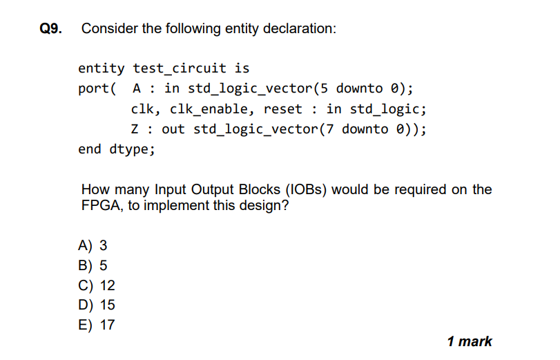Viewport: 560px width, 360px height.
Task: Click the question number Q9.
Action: tap(50, 29)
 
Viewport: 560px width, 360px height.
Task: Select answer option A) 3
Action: tap(93, 245)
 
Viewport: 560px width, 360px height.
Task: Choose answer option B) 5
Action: tap(93, 265)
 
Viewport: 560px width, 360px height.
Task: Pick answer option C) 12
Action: tap(97, 285)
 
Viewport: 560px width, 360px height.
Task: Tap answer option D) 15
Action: tap(97, 305)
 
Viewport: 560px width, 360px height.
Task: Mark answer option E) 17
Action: tap(97, 324)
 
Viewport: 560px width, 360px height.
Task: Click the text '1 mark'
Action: tap(470, 341)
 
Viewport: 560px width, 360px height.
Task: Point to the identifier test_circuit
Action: tap(180, 68)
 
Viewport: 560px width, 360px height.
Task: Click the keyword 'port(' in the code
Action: tap(97, 88)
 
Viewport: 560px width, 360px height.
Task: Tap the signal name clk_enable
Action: tap(206, 108)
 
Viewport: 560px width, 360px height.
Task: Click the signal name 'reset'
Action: tap(282, 108)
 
